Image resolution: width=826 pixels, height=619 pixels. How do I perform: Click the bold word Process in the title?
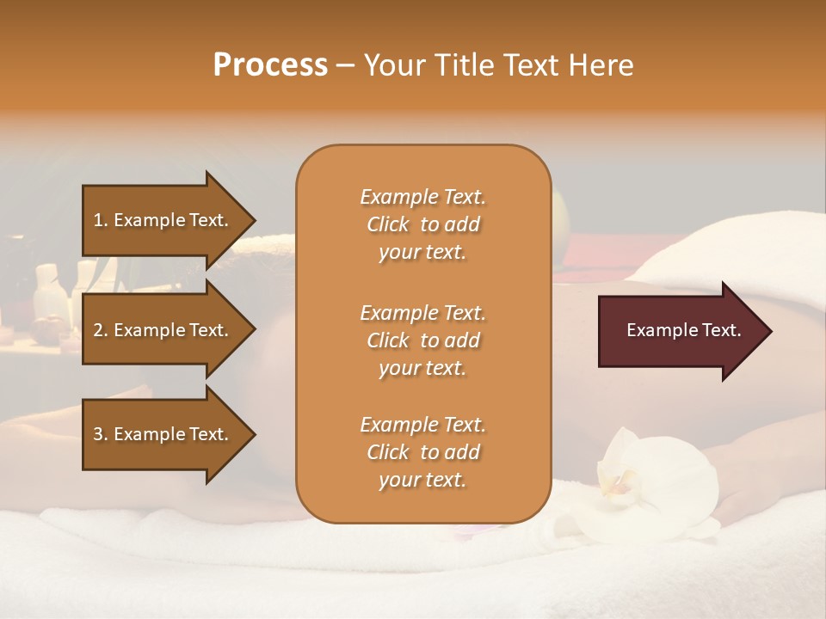[x=270, y=64]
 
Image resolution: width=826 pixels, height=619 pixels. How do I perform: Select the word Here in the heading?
[x=601, y=64]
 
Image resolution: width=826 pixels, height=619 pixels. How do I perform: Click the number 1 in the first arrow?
[x=98, y=220]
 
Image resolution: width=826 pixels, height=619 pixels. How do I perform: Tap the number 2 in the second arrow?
[x=98, y=330]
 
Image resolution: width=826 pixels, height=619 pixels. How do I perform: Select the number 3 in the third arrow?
[x=98, y=434]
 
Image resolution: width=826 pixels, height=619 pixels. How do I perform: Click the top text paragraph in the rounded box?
[x=422, y=224]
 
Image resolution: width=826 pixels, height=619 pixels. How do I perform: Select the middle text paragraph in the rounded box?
[x=422, y=340]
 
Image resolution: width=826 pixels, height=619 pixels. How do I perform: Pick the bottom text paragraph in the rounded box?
[x=422, y=452]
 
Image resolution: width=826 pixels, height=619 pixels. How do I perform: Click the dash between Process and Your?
[x=346, y=66]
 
